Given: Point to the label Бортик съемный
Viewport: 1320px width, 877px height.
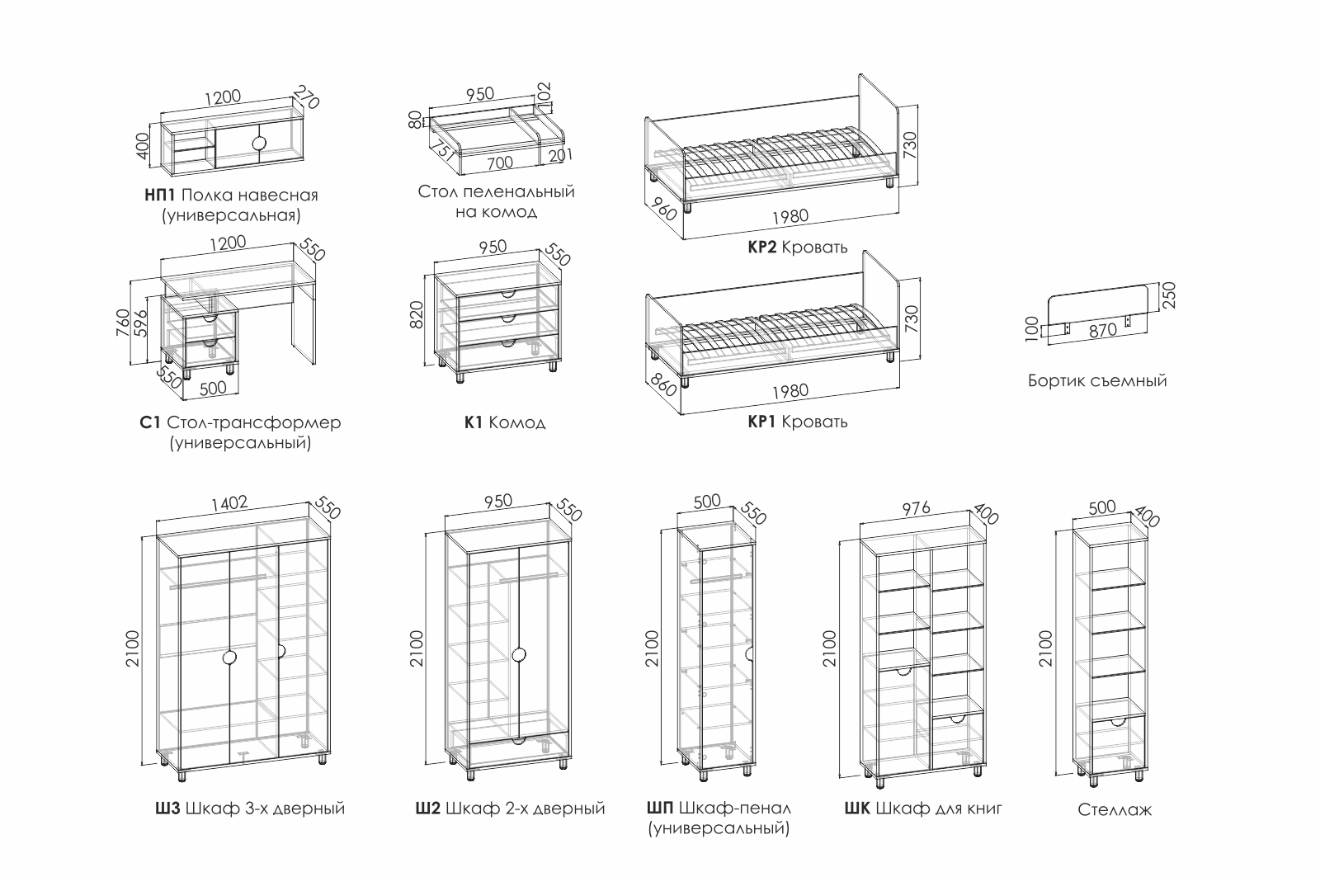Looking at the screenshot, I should coord(1097,381).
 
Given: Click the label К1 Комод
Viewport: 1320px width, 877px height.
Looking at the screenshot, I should coord(504,423).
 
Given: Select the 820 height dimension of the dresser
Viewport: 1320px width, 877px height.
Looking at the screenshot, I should coord(416,314).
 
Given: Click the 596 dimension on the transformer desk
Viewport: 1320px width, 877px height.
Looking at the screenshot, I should coord(141,325).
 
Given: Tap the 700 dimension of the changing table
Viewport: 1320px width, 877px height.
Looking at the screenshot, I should coord(499,163).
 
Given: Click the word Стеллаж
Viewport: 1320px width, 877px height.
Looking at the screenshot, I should coord(1114,810).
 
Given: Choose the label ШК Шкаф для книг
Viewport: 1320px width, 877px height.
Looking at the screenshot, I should coord(923,809).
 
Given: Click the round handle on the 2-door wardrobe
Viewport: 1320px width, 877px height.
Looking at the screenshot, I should coord(519,655).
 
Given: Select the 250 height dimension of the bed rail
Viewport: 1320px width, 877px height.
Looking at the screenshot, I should coord(1167,294).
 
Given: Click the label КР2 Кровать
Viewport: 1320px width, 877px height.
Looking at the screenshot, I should coord(797,248).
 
